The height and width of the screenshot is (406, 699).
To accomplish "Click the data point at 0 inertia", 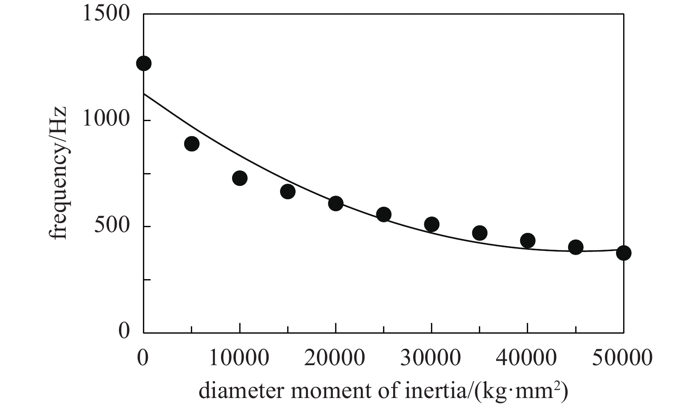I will (143, 63).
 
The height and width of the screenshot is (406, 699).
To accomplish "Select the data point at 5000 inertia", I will (192, 144).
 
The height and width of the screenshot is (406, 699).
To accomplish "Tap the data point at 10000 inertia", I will (240, 178).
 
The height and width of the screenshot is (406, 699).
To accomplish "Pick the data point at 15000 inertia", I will (288, 192).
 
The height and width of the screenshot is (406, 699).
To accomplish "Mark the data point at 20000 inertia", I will (336, 204).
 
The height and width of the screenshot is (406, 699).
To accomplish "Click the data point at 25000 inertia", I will (383, 215).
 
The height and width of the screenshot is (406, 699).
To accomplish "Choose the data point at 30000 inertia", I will (431, 225).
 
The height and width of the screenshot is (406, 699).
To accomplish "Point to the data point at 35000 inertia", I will (480, 233).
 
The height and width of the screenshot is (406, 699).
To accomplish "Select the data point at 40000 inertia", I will (528, 240).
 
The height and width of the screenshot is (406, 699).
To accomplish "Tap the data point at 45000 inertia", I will (576, 247).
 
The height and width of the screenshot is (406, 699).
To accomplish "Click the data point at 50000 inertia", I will (624, 253).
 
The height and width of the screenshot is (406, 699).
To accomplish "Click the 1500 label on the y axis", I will (106, 14).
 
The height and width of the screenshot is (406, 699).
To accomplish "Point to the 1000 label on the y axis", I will (106, 120).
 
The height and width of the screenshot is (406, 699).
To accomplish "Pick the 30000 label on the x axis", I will (431, 357).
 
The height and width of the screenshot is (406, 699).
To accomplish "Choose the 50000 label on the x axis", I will (624, 357).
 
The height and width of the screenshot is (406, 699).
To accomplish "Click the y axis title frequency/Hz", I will (59, 173).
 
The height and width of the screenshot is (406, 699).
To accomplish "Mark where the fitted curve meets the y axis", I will (143, 94).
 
